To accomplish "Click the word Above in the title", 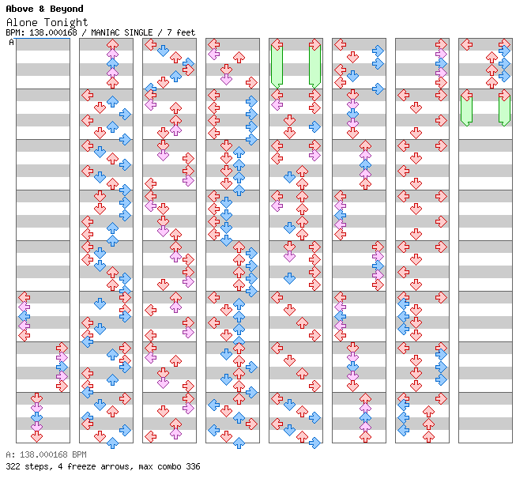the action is tap(20, 9).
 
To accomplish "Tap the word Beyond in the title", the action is tap(66, 9).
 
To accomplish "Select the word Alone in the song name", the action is tap(22, 22).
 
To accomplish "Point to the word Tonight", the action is tap(66, 23).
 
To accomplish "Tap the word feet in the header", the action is tap(186, 32).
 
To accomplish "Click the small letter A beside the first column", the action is tap(11, 43).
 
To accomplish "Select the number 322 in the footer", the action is tap(13, 466).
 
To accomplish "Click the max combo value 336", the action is tap(193, 466).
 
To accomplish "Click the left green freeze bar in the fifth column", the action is tap(277, 66).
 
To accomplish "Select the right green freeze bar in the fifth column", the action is tap(314, 66).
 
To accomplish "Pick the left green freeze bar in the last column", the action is tap(466, 110).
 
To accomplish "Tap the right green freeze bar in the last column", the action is tap(504, 110).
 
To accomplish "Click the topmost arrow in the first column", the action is tap(24, 297).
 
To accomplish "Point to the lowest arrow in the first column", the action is tap(36, 436).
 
